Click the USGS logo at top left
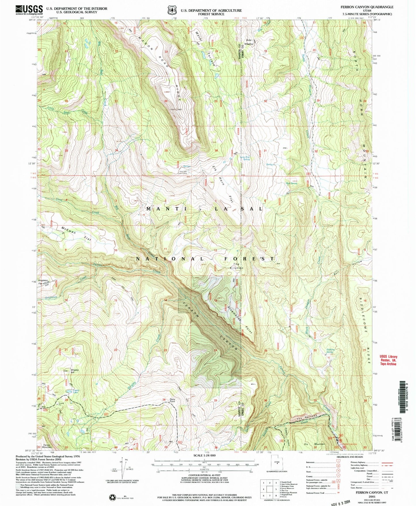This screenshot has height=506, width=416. [29, 10]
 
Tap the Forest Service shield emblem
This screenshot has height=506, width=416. [172, 10]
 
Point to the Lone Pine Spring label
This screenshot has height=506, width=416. [245, 158]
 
